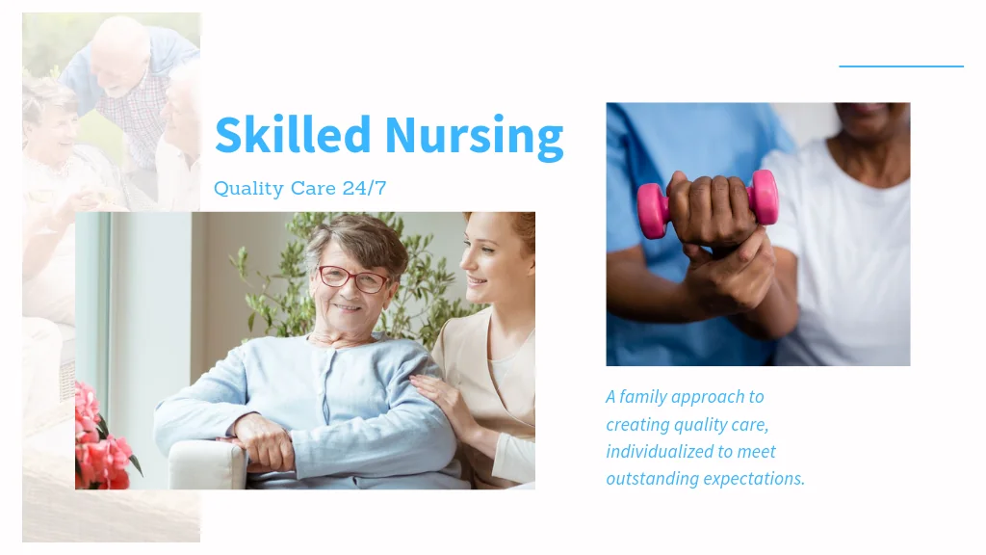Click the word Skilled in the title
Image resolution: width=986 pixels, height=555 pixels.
pyautogui.click(x=293, y=134)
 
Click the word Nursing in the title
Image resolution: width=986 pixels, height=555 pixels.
pyautogui.click(x=474, y=137)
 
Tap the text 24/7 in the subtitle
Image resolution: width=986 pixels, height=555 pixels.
pyautogui.click(x=364, y=188)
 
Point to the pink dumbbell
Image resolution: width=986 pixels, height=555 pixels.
pyautogui.click(x=708, y=203)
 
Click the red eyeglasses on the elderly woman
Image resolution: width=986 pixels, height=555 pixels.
pyautogui.click(x=352, y=278)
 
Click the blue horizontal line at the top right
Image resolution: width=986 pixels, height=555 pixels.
pyautogui.click(x=901, y=66)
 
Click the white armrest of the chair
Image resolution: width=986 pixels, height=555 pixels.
pyautogui.click(x=208, y=464)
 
